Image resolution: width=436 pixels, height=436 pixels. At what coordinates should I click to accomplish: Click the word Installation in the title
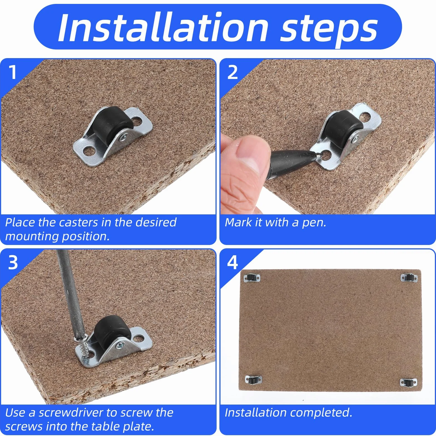coord(163,28)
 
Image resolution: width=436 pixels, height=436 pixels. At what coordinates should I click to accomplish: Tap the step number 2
coord(233,72)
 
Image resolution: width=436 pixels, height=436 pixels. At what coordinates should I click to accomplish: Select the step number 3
coord(13,262)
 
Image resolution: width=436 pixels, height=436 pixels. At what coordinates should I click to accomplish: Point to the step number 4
coord(233,262)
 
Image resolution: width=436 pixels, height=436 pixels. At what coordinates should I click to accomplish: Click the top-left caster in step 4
coord(252,278)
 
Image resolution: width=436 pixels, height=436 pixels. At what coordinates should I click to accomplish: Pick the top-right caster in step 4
coord(409,277)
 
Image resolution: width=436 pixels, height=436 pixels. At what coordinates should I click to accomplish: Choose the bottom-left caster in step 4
coord(253,379)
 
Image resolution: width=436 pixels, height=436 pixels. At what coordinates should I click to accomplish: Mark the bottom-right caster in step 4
coord(408,382)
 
